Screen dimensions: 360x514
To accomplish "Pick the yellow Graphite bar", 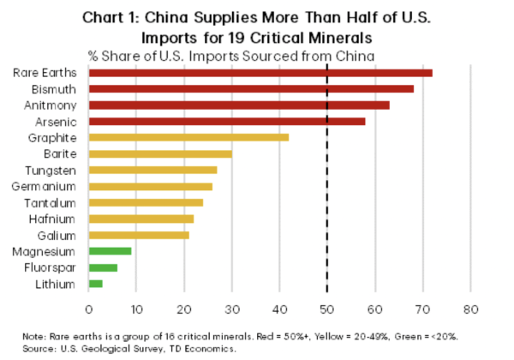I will click(188, 137).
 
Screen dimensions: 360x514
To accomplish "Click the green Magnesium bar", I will click(110, 251).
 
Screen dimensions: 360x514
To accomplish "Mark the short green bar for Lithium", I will click(95, 284).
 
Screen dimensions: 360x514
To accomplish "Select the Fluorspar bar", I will click(103, 267).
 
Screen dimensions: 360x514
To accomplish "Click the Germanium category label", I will click(45, 186).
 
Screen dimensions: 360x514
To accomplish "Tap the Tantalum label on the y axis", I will click(49, 202).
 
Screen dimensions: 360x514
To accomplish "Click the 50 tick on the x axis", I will click(326, 308).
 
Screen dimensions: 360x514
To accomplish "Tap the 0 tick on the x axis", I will click(88, 308).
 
